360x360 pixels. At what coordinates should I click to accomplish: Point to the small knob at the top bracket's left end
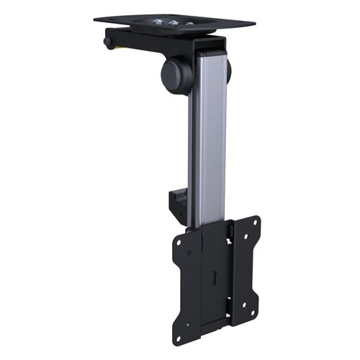point(108,42)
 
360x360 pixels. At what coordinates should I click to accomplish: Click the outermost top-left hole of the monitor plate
point(178,243)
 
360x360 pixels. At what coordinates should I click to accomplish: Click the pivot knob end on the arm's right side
point(228,70)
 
